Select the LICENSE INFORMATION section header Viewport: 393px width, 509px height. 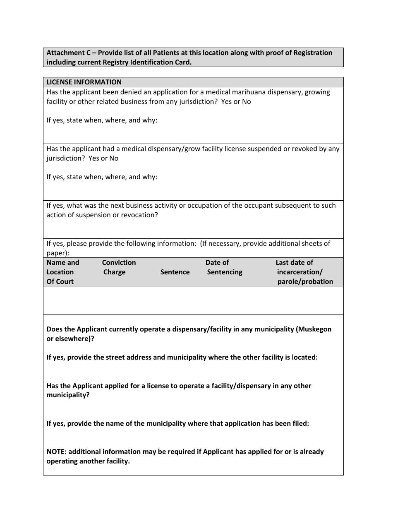point(84,82)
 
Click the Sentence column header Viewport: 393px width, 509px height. point(175,272)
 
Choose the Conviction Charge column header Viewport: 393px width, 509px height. point(119,267)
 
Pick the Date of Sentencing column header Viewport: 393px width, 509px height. point(224,267)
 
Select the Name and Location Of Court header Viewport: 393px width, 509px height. point(62,272)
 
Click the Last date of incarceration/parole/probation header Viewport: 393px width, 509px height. point(304,272)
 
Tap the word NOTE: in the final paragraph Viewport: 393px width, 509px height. point(57,451)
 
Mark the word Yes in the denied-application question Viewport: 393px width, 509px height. point(227,101)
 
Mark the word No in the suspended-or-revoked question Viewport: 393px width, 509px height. point(114,158)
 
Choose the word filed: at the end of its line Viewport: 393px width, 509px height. point(300,423)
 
